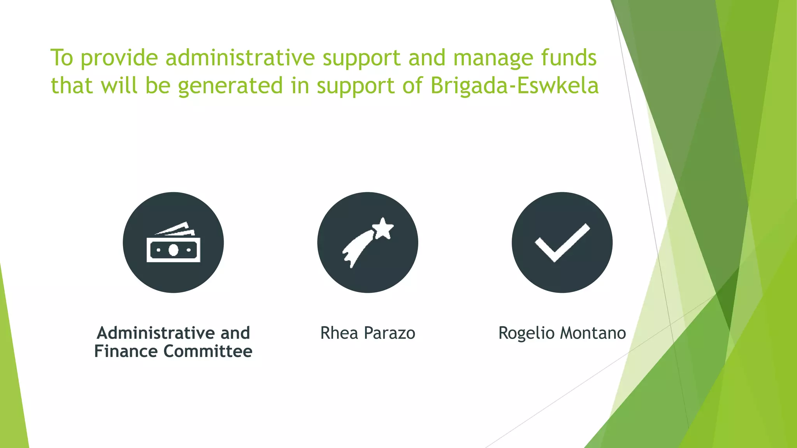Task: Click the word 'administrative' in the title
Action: (240, 58)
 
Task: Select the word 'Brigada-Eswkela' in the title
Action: (514, 86)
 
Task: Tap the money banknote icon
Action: (173, 243)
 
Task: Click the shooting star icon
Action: (368, 243)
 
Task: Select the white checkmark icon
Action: (562, 243)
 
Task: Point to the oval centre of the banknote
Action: (173, 250)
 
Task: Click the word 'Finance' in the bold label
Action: (126, 351)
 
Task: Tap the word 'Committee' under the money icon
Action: (208, 351)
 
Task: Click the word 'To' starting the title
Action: (61, 58)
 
